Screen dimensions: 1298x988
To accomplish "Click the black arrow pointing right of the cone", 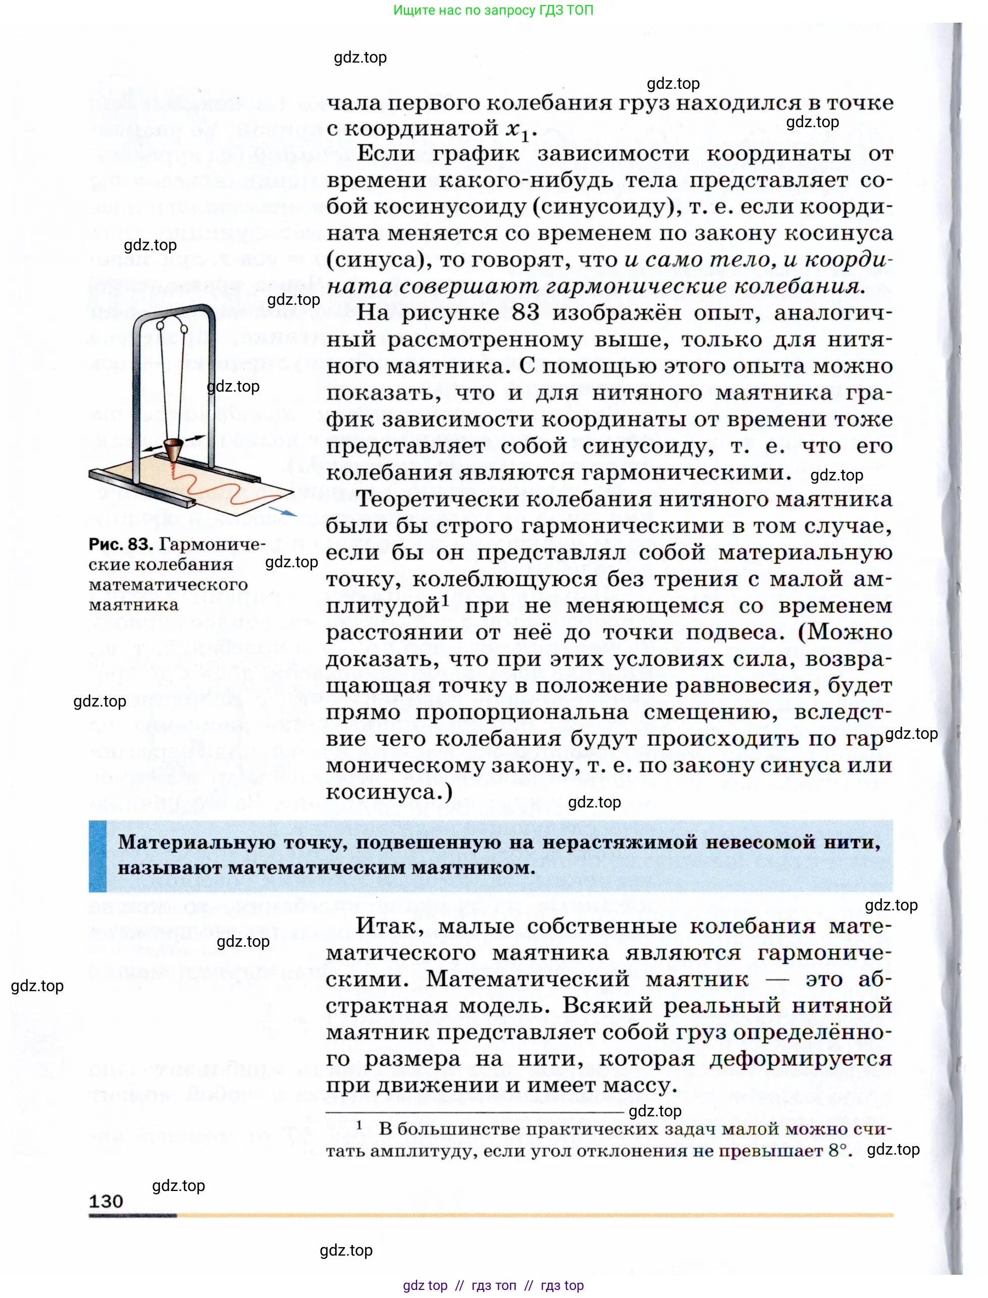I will click(x=196, y=438).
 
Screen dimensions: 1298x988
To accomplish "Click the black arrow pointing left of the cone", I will click(x=152, y=449).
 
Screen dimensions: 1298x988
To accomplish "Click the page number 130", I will click(x=106, y=1201).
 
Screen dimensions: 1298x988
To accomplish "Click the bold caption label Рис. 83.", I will click(x=121, y=545).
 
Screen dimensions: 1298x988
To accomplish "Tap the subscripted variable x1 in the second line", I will click(x=521, y=131).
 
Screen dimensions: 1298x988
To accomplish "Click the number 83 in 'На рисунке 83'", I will click(x=525, y=313).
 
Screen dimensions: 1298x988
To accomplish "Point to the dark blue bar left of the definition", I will click(x=97, y=855).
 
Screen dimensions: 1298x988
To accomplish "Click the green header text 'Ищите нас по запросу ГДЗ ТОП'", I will click(x=493, y=10).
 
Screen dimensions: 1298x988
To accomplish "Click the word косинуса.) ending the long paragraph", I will click(x=389, y=792).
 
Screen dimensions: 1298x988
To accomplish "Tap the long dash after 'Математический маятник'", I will click(x=777, y=980).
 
